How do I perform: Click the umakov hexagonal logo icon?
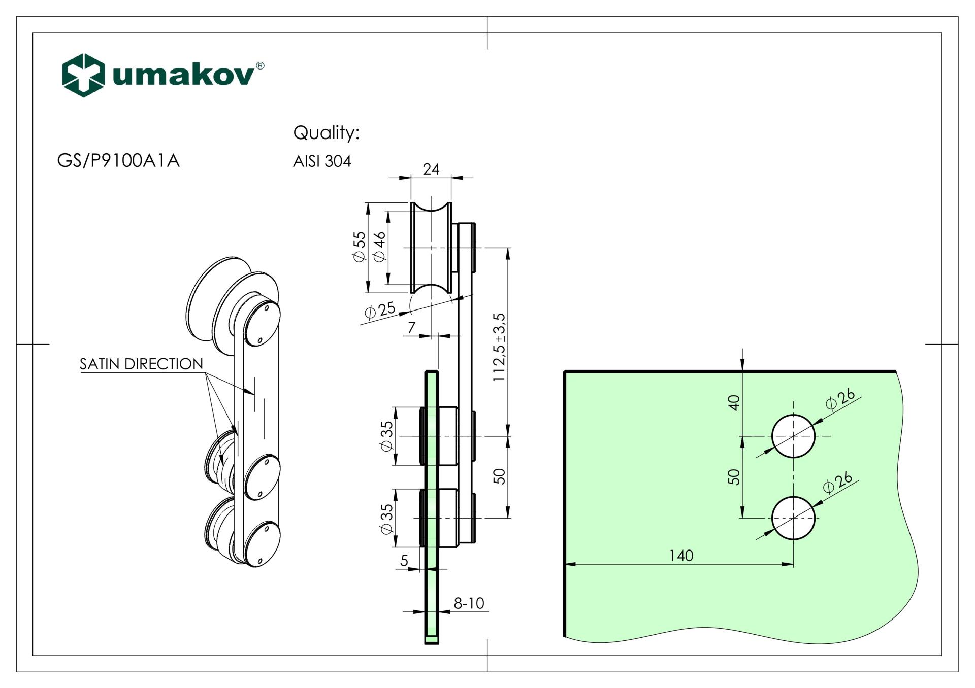(x=83, y=75)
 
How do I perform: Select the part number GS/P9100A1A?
(x=118, y=160)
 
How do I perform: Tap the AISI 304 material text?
(x=322, y=161)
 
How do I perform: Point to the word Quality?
(x=326, y=133)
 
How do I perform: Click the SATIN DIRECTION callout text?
(x=141, y=364)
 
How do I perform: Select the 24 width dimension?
(x=431, y=169)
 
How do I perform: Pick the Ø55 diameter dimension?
(x=360, y=247)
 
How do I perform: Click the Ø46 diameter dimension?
(x=380, y=247)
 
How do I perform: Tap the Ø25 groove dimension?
(x=380, y=309)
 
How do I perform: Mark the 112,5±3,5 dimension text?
(x=500, y=347)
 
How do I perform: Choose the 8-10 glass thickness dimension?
(x=469, y=603)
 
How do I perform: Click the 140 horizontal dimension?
(x=681, y=556)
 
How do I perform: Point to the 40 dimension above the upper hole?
(x=734, y=402)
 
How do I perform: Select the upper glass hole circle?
(x=793, y=436)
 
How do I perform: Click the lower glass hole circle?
(x=793, y=518)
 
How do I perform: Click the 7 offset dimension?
(x=412, y=327)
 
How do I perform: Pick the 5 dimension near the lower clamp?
(x=404, y=560)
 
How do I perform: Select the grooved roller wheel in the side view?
(x=431, y=248)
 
